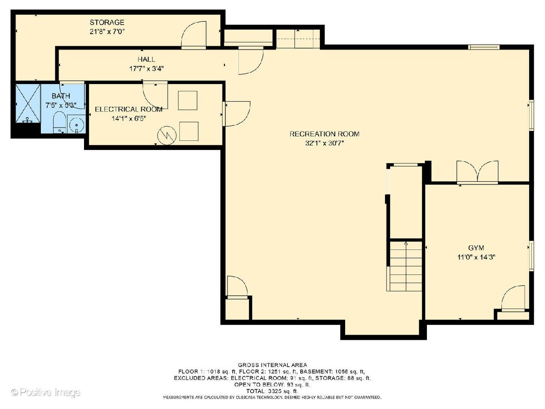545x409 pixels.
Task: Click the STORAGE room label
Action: point(107,22)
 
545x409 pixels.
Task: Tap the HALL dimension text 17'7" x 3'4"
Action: point(146,68)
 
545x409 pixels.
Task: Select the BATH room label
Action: point(61,96)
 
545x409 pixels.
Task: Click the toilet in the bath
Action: point(59,122)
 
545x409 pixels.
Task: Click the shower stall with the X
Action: point(28,103)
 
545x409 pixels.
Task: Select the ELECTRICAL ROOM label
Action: point(129,109)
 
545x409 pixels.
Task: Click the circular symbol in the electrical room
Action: point(167,135)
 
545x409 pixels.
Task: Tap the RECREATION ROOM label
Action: point(324,134)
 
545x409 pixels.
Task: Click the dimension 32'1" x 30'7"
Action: point(324,143)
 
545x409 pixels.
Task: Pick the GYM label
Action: point(476,248)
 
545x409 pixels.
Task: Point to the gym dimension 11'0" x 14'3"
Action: point(476,257)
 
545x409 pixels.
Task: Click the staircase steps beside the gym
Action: point(406,266)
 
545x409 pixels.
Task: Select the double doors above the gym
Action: point(477,172)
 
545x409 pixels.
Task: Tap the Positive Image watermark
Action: point(46,392)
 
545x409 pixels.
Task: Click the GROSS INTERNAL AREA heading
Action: point(272,365)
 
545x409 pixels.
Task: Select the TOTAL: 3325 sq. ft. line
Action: point(272,391)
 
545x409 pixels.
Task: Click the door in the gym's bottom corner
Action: point(513,299)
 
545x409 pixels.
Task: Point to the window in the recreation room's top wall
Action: point(484,47)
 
